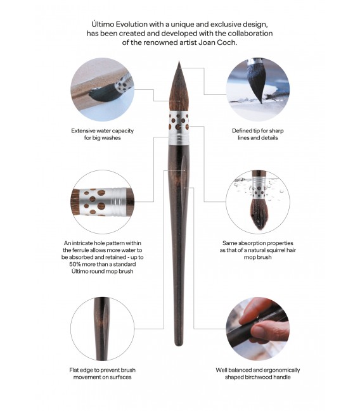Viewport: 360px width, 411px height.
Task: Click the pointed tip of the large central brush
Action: pos(180,63)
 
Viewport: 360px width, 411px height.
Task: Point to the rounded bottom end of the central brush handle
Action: pos(179,343)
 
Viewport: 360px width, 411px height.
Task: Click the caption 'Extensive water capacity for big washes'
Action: pos(103,135)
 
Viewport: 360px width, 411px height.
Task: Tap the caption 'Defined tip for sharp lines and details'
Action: pos(257,135)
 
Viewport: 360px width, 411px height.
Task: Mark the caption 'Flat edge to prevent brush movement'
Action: pos(103,374)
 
